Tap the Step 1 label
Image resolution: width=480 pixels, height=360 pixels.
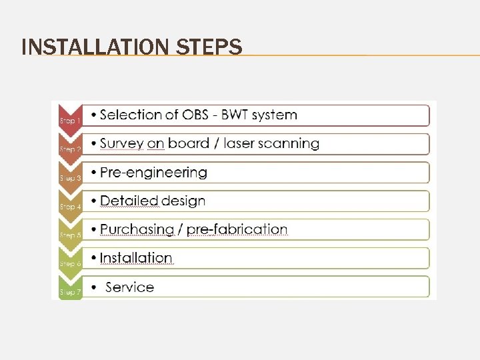(x=70, y=121)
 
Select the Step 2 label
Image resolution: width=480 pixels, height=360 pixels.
(x=70, y=149)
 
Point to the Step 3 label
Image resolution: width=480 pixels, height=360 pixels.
(x=70, y=178)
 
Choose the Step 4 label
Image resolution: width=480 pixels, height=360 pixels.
(x=70, y=207)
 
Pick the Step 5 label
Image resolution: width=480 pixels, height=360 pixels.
(x=70, y=235)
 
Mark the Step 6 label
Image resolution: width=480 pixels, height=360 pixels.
(x=70, y=264)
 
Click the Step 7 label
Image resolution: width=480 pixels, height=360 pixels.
(x=70, y=292)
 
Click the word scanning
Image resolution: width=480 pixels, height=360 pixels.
(x=289, y=143)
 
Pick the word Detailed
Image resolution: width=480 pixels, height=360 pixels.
(x=129, y=201)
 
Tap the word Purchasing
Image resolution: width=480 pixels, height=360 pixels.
(x=137, y=229)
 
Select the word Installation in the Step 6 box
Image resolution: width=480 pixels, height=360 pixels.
(x=136, y=258)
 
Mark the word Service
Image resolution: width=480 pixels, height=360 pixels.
(x=129, y=287)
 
